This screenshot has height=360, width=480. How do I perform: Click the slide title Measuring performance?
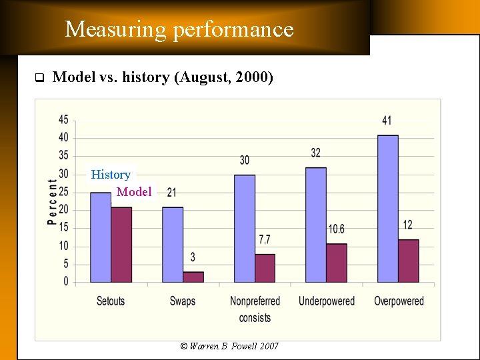click(179, 29)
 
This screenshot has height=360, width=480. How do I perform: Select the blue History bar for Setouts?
click(101, 237)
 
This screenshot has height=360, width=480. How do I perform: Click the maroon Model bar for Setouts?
click(121, 245)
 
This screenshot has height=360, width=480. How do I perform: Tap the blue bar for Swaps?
click(173, 245)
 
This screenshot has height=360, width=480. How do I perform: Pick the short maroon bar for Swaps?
click(193, 277)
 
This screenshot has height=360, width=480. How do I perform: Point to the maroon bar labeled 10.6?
click(337, 263)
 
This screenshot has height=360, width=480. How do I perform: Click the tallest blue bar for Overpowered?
click(388, 209)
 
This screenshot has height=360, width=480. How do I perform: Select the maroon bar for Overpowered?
click(409, 261)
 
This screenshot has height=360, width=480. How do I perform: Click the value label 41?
click(387, 121)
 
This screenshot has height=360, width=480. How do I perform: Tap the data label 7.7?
click(264, 239)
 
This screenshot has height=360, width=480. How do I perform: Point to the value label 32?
click(315, 153)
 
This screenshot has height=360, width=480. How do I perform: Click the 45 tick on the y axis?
click(63, 120)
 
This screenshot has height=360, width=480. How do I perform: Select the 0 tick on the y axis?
click(65, 282)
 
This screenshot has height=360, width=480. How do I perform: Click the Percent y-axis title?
click(52, 201)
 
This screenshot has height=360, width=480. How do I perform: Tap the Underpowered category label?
click(327, 301)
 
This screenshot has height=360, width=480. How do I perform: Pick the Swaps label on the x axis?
click(183, 301)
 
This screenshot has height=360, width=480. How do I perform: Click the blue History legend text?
click(111, 175)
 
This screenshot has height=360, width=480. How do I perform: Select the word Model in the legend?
click(134, 192)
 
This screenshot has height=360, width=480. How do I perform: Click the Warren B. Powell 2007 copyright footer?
click(229, 346)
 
